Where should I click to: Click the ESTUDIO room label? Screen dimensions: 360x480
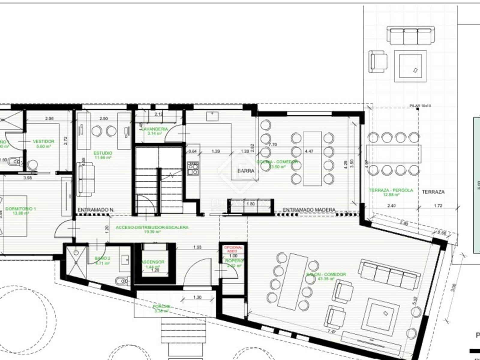tap(103, 153)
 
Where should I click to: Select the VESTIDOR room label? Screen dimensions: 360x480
tap(43, 141)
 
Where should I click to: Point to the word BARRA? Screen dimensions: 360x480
tap(246, 171)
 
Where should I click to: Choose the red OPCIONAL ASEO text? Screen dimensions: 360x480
tap(233, 249)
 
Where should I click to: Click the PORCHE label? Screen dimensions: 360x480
tap(162, 307)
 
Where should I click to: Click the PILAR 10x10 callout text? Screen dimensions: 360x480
tap(420, 106)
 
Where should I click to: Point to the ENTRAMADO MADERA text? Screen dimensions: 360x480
tap(309, 210)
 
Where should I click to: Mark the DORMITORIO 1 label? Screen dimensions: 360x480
tap(20, 209)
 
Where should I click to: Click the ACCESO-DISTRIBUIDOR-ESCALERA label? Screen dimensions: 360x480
tap(152, 227)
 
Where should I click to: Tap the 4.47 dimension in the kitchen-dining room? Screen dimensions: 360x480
tap(309, 151)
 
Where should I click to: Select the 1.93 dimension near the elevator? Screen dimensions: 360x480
tap(197, 247)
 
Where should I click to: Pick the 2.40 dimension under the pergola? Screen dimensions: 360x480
tap(391, 206)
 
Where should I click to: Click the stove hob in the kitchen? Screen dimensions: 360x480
tap(192, 168)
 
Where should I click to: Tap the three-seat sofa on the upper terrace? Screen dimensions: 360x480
tap(411, 35)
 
